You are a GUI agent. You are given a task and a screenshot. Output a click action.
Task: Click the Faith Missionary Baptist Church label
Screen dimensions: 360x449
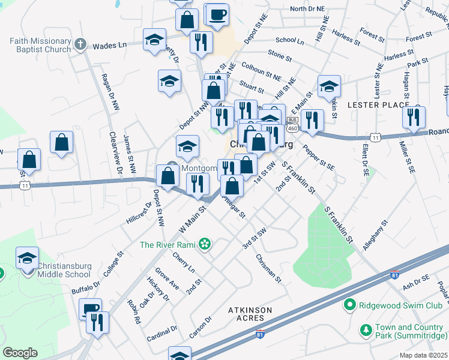pyautogui.click(x=40, y=45)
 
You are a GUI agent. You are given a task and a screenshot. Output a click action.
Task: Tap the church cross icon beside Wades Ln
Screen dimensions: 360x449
pyautogui.click(x=80, y=45)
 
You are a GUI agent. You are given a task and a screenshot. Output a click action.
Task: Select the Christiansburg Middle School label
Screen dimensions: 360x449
pyautogui.click(x=64, y=270)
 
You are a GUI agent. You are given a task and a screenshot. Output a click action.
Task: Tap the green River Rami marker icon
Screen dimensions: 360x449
pyautogui.click(x=205, y=244)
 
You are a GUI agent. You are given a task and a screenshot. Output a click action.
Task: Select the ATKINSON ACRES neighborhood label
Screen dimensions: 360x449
pyautogui.click(x=250, y=314)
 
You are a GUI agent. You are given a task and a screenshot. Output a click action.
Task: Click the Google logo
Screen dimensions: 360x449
pyautogui.click(x=20, y=353)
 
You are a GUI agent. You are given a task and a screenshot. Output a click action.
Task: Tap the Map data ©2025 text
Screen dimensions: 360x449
pyautogui.click(x=423, y=355)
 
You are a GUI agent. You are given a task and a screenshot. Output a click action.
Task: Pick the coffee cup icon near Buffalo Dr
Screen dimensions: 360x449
pyautogui.click(x=91, y=309)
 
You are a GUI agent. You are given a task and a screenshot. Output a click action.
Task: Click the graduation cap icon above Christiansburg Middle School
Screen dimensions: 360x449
pyautogui.click(x=27, y=257)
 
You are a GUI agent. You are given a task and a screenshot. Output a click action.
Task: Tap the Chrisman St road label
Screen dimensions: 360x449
pyautogui.click(x=268, y=268)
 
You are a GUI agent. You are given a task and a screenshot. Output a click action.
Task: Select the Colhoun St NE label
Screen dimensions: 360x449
pyautogui.click(x=261, y=70)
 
